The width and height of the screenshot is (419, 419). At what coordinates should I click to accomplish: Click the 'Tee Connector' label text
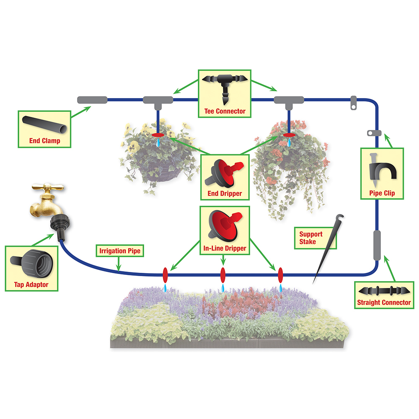tap(225, 111)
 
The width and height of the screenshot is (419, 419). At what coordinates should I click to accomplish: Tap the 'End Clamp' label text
tap(45, 140)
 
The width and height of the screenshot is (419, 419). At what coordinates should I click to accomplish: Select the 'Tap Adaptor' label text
tap(31, 285)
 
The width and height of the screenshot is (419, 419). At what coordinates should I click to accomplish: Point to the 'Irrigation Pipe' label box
tap(120, 251)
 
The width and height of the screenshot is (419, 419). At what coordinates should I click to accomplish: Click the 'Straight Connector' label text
tap(384, 303)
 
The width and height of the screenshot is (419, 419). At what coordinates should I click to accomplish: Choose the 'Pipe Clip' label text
tap(382, 193)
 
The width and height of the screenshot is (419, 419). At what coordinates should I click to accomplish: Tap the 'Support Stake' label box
tap(316, 238)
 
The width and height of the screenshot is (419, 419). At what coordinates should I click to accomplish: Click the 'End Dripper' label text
tap(225, 194)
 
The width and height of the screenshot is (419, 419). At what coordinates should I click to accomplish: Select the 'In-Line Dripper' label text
tap(225, 248)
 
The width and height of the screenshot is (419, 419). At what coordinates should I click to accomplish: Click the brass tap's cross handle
tap(48, 186)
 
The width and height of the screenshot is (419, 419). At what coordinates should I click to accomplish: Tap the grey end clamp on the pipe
tap(92, 100)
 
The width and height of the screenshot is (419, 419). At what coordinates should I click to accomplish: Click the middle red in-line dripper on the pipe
tap(223, 275)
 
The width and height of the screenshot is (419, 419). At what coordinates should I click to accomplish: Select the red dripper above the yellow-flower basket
tap(158, 135)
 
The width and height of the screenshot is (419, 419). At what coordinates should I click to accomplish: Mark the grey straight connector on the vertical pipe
tap(377, 245)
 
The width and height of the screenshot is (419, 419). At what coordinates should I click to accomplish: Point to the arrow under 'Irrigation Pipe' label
tap(119, 264)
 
